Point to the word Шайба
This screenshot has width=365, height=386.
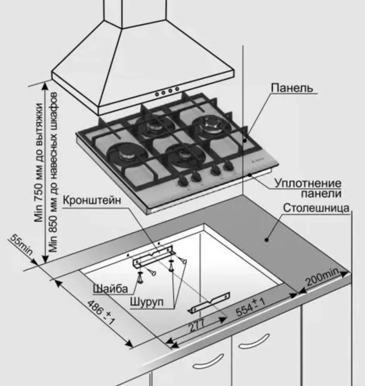pos(110,288)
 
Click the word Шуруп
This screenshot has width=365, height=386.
pos(147,301)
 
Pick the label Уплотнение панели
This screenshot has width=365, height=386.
pos(308,188)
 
